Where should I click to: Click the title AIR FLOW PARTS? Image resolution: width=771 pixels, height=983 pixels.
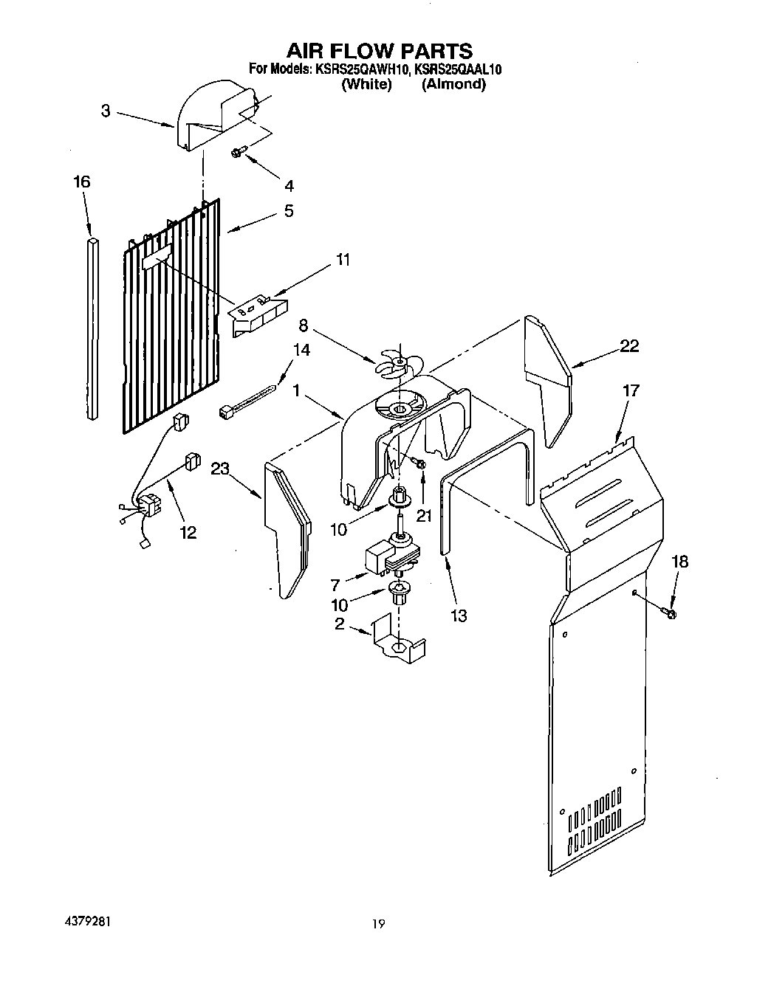[x=379, y=50]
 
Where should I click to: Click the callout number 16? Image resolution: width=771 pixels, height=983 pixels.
[x=81, y=182]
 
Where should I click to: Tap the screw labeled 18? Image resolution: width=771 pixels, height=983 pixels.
[x=671, y=613]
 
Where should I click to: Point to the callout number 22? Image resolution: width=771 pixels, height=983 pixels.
[x=629, y=345]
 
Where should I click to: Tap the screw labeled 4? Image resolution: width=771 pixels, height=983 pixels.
[x=238, y=152]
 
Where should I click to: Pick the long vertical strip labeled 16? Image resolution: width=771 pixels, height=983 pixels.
[x=91, y=328]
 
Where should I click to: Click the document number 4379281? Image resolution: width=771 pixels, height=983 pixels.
[x=87, y=922]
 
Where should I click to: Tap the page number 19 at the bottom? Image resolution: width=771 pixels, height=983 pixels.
[x=378, y=923]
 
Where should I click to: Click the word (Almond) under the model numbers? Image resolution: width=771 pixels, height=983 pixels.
[x=453, y=84]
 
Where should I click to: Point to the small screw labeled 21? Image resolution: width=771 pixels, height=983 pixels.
[x=419, y=463]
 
